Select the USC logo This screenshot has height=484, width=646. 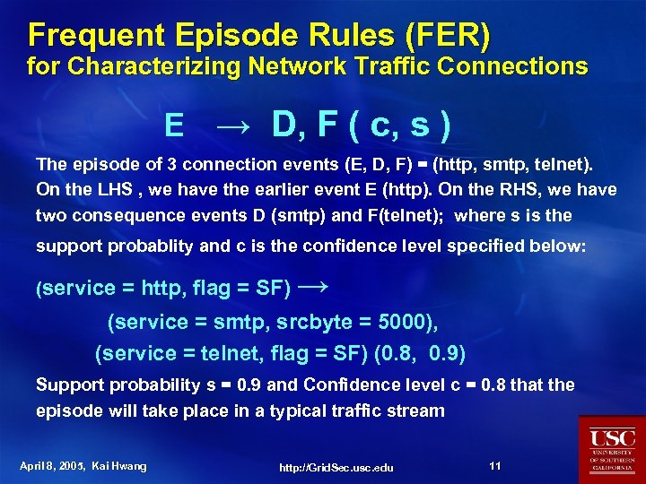point(612,449)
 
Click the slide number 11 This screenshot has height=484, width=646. point(495,466)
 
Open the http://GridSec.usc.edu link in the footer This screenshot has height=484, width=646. point(336,468)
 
